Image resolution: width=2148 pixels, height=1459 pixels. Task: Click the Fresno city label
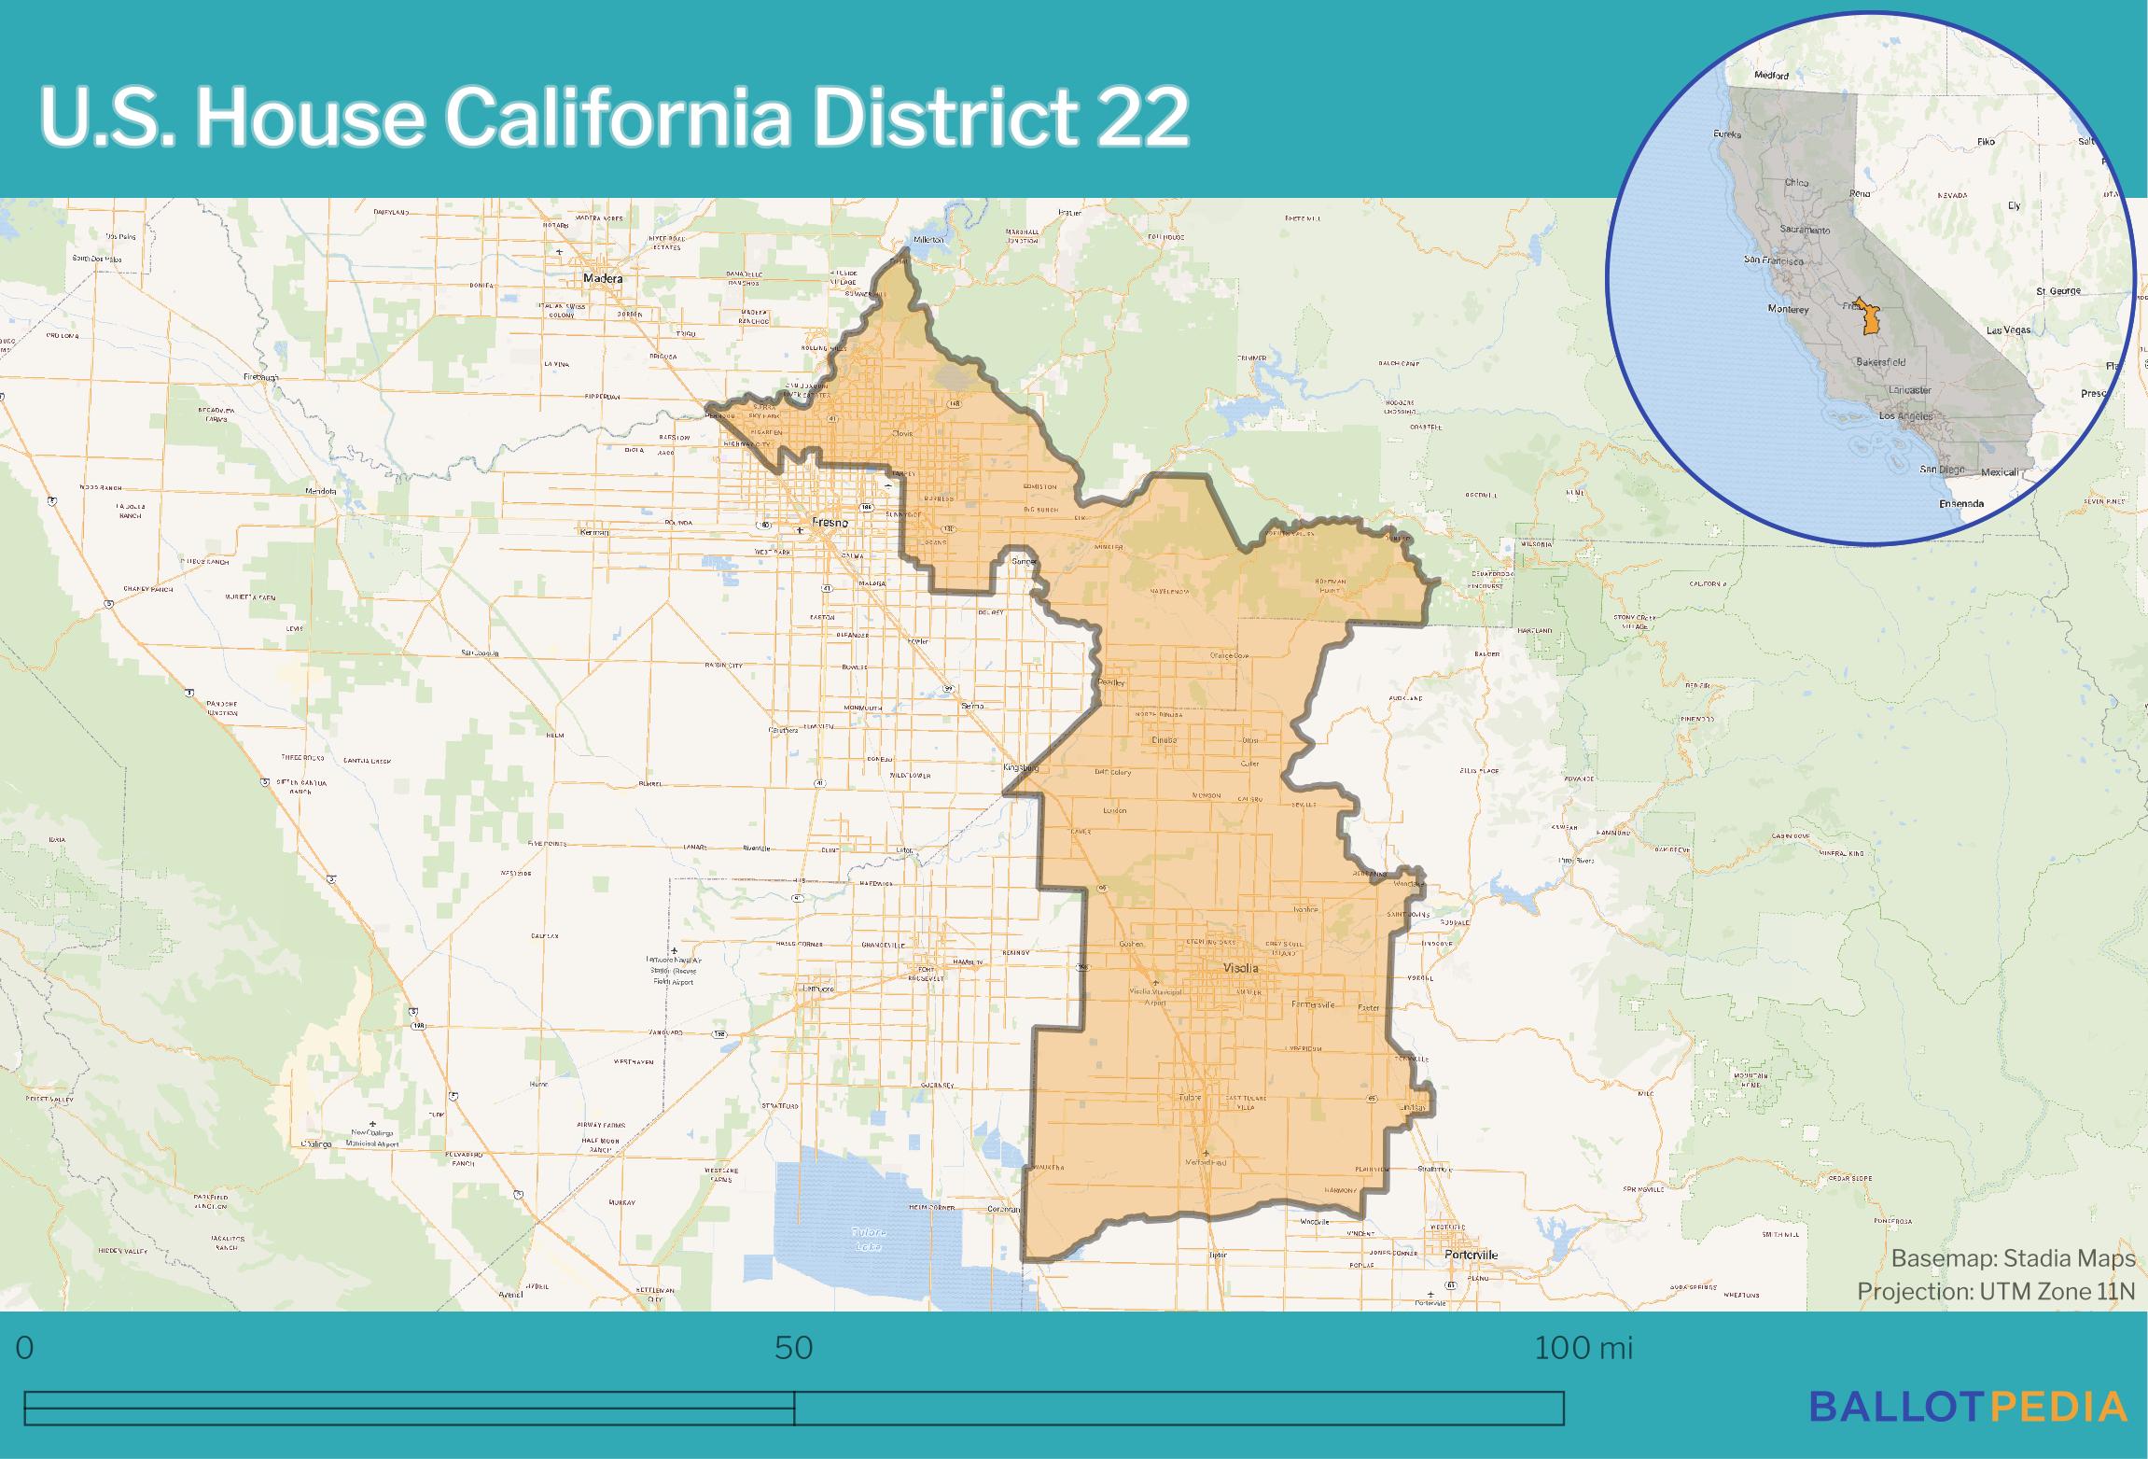click(830, 523)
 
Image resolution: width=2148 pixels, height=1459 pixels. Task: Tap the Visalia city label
click(1240, 968)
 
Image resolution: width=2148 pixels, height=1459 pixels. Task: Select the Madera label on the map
click(602, 278)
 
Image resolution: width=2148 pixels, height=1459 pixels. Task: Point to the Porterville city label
click(1471, 1254)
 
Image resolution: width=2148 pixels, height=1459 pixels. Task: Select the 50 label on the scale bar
click(794, 1348)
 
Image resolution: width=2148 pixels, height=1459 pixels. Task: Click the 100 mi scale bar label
click(1583, 1348)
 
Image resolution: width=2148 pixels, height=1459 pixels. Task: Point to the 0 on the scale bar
click(25, 1348)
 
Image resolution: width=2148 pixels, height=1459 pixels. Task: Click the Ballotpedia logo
click(1969, 1405)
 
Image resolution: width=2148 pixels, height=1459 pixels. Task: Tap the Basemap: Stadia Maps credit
click(2013, 1258)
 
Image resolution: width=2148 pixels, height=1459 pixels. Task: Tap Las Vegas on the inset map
click(2008, 330)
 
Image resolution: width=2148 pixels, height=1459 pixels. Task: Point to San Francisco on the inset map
click(1773, 260)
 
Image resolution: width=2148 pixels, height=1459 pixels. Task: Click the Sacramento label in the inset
click(1805, 230)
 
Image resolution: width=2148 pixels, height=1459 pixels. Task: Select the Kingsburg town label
click(1020, 767)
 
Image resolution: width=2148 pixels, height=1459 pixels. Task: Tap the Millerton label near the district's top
click(928, 240)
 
